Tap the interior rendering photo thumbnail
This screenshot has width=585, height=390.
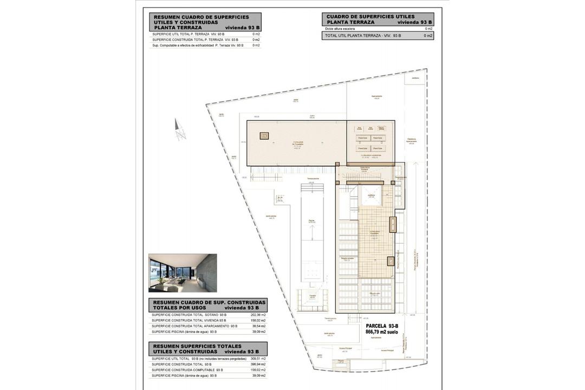(183, 273)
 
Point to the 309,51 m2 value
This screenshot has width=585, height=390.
(258, 359)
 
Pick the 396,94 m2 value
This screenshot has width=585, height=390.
(258, 365)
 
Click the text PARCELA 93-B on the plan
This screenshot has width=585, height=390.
(382, 326)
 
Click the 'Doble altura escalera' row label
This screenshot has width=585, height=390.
(340, 29)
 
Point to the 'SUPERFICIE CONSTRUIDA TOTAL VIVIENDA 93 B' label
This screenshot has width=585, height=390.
(189, 321)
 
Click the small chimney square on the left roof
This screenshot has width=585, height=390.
(264, 136)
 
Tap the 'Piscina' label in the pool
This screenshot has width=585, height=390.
(311, 221)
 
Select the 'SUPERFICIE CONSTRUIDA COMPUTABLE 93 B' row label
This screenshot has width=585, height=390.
(187, 370)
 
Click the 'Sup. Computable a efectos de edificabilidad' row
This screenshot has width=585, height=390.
(198, 45)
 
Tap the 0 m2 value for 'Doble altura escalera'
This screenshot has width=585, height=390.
(428, 29)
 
